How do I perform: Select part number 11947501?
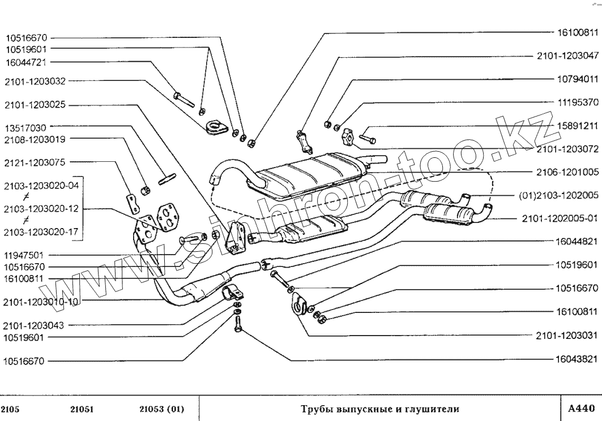coord(27,255)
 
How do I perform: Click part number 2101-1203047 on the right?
coord(567,57)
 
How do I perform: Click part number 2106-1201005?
coord(567,171)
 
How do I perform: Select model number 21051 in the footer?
coord(83,408)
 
